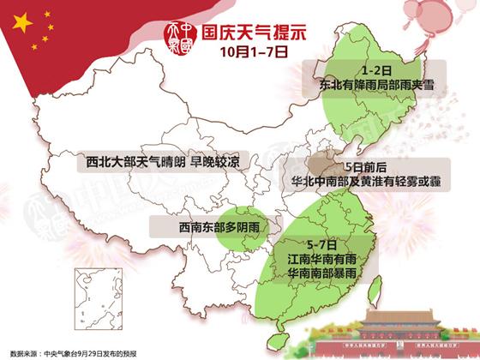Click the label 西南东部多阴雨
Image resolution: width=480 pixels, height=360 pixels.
pos(195,227)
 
